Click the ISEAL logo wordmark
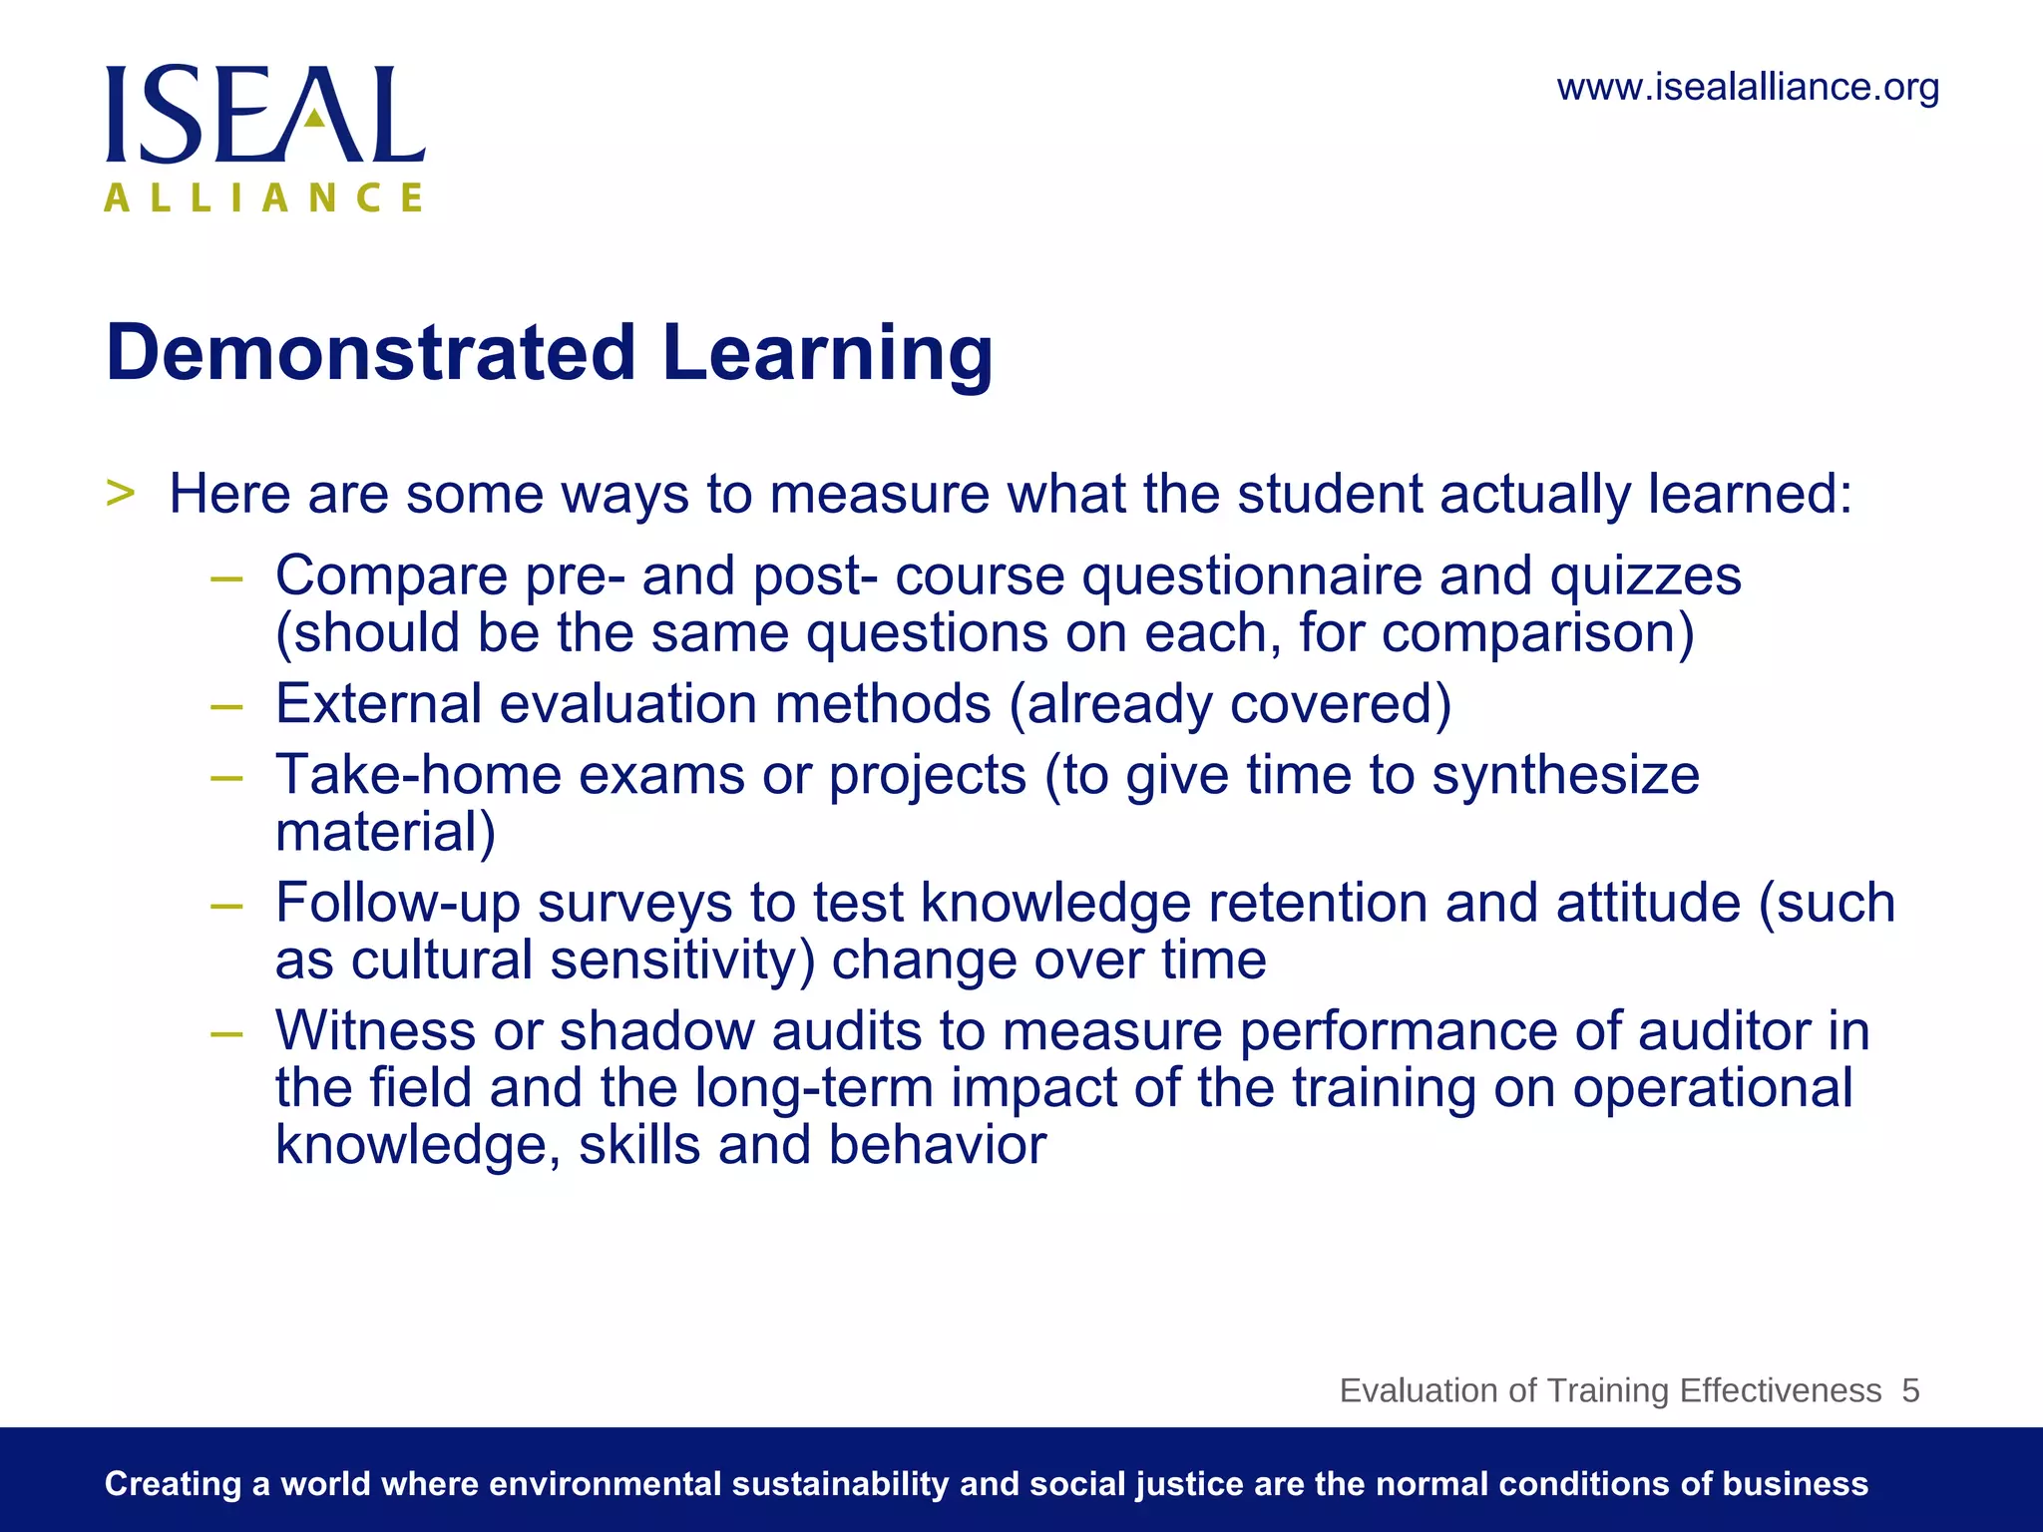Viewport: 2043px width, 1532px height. [265, 115]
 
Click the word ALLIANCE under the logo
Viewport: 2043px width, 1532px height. [264, 197]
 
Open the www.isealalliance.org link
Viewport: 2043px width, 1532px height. [1748, 88]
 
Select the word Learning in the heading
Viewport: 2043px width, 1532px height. [827, 355]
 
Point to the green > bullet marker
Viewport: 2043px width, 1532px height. [120, 493]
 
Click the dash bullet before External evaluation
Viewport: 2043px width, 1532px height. [226, 705]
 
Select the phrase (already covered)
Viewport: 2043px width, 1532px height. [1230, 704]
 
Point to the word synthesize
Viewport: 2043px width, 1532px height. [1565, 776]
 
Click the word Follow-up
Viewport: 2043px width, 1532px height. [398, 904]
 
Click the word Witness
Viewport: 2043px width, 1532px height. [375, 1031]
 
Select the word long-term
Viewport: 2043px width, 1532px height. [813, 1088]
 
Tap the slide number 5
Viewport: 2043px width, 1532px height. [1910, 1390]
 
